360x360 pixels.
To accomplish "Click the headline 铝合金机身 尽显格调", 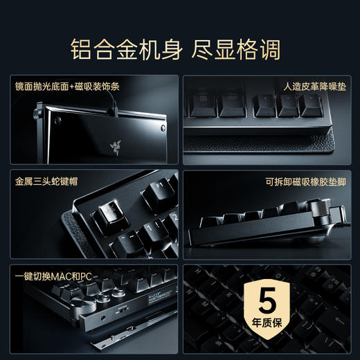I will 180,50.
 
